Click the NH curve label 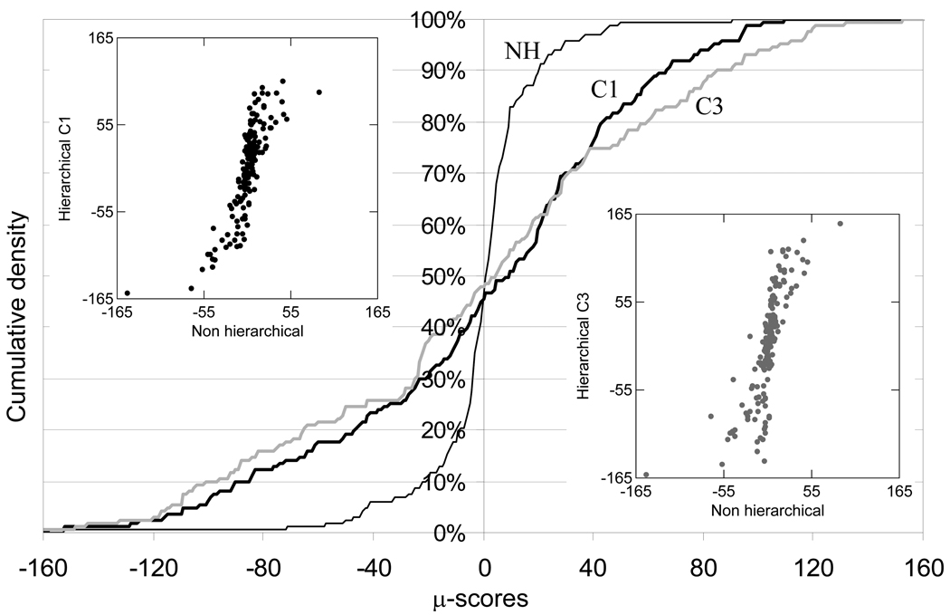click(522, 53)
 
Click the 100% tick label click(438, 20)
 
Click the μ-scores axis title click(482, 599)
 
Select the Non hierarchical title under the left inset click(247, 332)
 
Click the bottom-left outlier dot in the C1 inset click(127, 293)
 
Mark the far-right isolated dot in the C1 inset click(318, 92)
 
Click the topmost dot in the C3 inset click(840, 224)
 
